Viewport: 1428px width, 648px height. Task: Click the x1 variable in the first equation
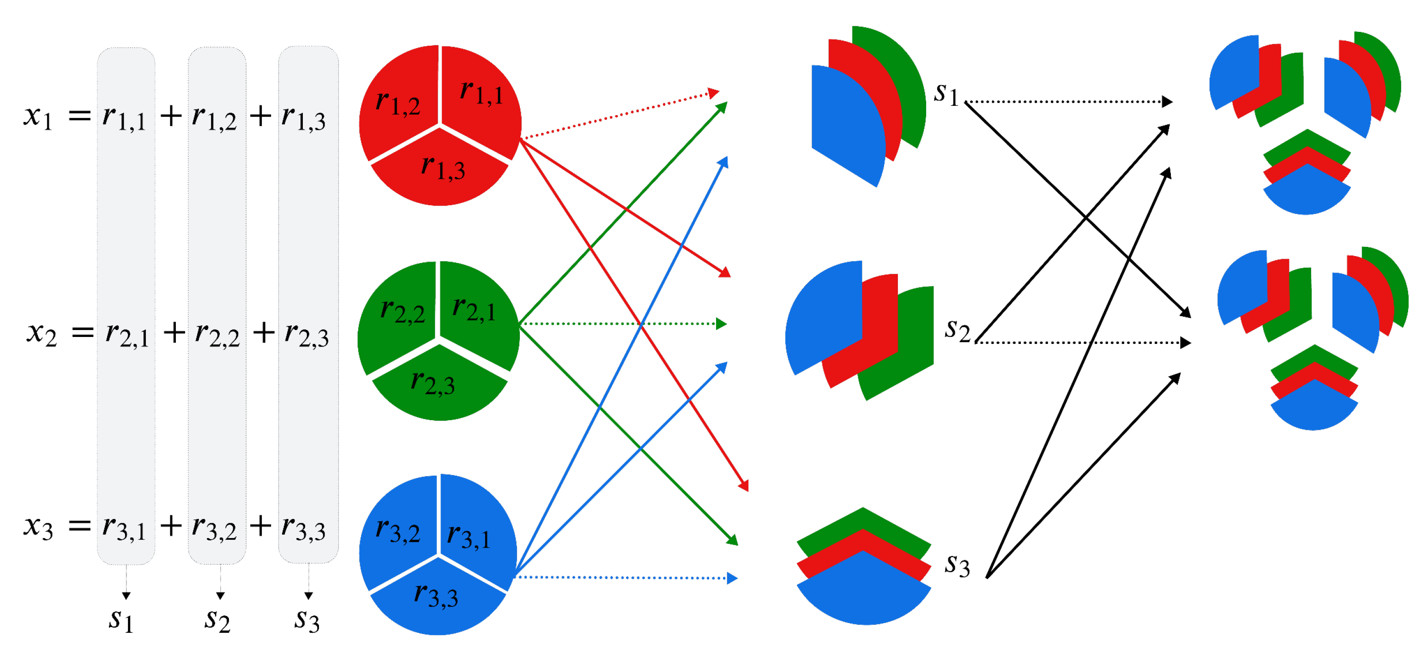[x=38, y=116]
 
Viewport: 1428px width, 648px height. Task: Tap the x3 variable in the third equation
[x=38, y=526]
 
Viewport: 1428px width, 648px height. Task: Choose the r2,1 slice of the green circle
[x=474, y=308]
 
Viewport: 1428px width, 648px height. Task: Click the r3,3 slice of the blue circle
[x=436, y=596]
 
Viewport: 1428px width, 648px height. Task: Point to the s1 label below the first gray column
[x=121, y=619]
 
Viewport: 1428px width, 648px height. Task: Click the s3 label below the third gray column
[x=307, y=619]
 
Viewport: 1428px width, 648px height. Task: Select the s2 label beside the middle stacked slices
[x=958, y=330]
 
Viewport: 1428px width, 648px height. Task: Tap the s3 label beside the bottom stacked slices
[x=958, y=565]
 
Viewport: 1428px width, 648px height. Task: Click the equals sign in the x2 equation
[x=83, y=333]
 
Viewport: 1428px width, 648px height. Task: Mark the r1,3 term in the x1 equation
[x=303, y=117]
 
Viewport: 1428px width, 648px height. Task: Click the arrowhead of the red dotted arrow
[x=714, y=92]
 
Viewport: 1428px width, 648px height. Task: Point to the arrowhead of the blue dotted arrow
[x=732, y=579]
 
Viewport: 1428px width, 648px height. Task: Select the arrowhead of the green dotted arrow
[x=721, y=324]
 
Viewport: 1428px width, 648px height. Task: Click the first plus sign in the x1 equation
[x=171, y=116]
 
